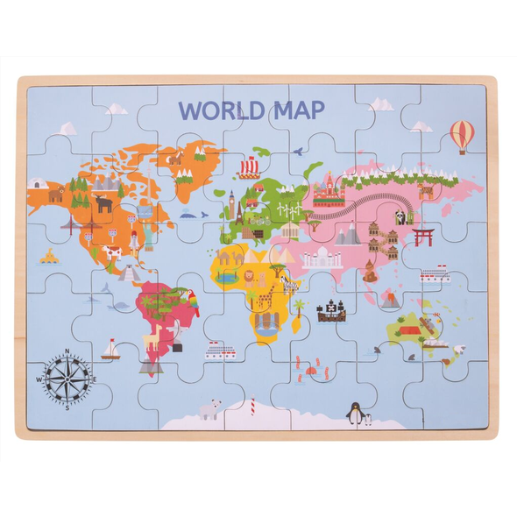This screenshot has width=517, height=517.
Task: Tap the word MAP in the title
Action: (x=296, y=110)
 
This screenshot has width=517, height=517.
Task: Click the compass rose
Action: (x=67, y=377)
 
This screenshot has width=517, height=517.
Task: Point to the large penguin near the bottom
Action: (x=355, y=413)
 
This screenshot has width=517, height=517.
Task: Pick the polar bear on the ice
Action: (x=209, y=409)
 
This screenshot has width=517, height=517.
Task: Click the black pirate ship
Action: (x=332, y=310)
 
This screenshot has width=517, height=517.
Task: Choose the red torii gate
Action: (x=424, y=237)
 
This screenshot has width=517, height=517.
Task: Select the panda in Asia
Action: (x=400, y=217)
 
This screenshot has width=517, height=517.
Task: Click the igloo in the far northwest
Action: (x=39, y=184)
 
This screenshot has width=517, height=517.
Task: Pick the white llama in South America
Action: (x=153, y=336)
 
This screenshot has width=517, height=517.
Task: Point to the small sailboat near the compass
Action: (x=110, y=350)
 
